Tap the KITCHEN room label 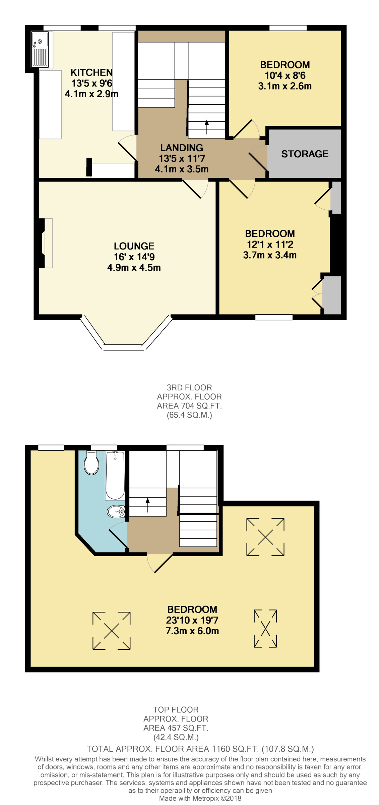[x=91, y=72]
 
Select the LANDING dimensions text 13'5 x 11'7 [x=182, y=158]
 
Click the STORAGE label [x=305, y=154]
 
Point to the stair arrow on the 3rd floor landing [x=207, y=127]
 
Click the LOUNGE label [x=134, y=246]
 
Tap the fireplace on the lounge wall [x=47, y=243]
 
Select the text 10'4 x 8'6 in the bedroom [x=285, y=75]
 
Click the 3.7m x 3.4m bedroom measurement [x=270, y=255]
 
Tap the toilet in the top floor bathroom [x=91, y=463]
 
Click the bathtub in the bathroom [x=115, y=476]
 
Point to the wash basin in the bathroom [x=116, y=512]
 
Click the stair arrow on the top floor [x=147, y=504]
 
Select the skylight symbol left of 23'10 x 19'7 [x=112, y=631]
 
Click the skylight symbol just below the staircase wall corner [x=265, y=537]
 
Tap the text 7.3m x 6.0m [x=192, y=631]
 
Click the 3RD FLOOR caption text [x=189, y=388]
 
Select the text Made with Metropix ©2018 [x=200, y=798]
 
